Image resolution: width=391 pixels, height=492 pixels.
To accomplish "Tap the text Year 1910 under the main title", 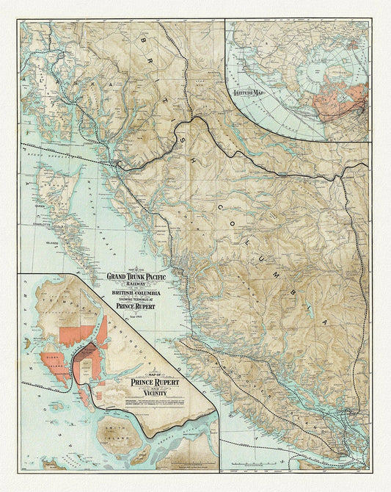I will tap(142, 314).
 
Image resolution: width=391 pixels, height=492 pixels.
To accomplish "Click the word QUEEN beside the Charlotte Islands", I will tap(40, 206).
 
